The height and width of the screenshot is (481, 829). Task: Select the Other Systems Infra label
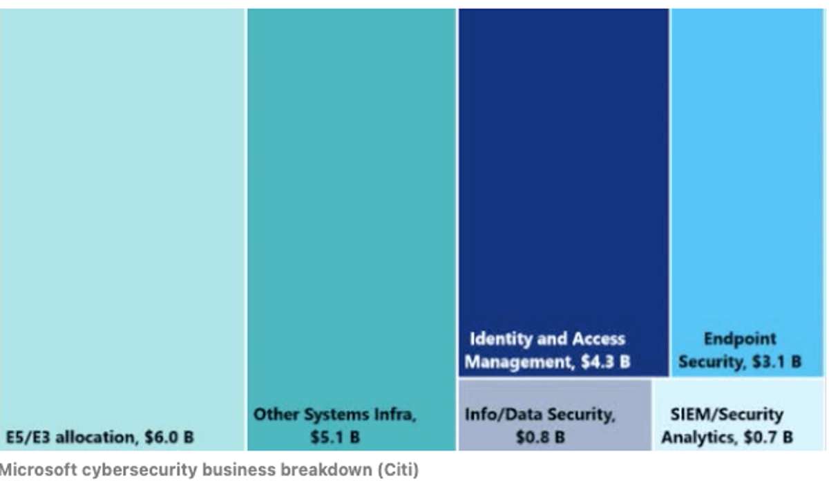pyautogui.click(x=335, y=415)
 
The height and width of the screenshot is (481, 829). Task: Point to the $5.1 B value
pyautogui.click(x=335, y=438)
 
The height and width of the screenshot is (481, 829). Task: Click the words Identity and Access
pyautogui.click(x=547, y=339)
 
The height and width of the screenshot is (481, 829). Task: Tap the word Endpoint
pyautogui.click(x=740, y=339)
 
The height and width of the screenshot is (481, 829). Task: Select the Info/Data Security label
pyautogui.click(x=540, y=415)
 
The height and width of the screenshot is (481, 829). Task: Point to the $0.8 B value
pyautogui.click(x=540, y=438)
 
